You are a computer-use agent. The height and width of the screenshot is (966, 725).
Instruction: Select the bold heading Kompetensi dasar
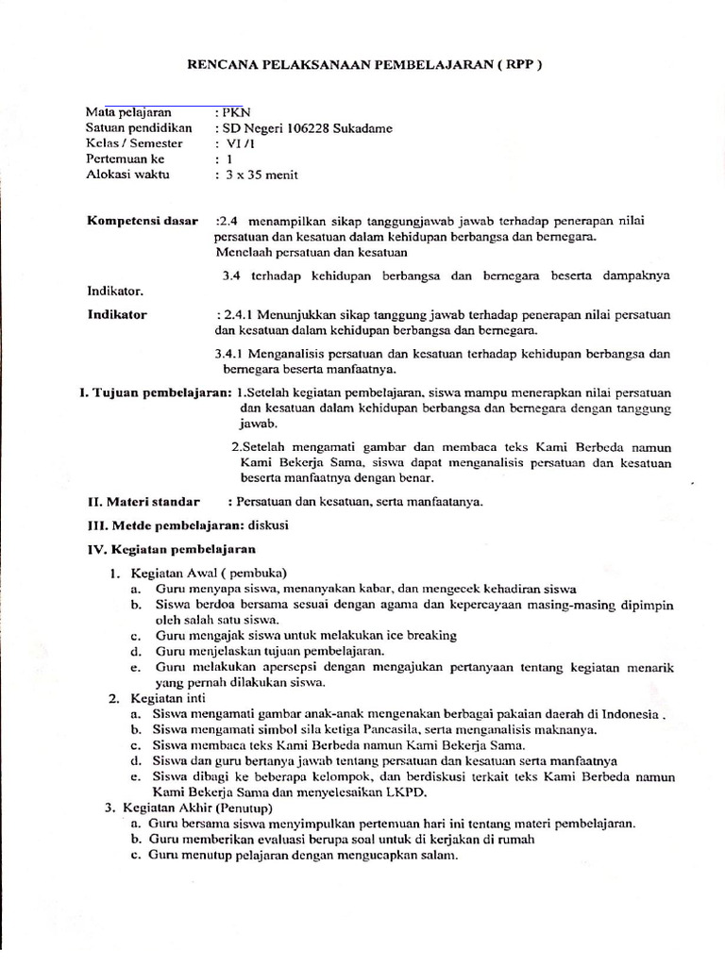pos(143,221)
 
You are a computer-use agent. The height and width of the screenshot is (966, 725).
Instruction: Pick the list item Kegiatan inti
pos(170,698)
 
